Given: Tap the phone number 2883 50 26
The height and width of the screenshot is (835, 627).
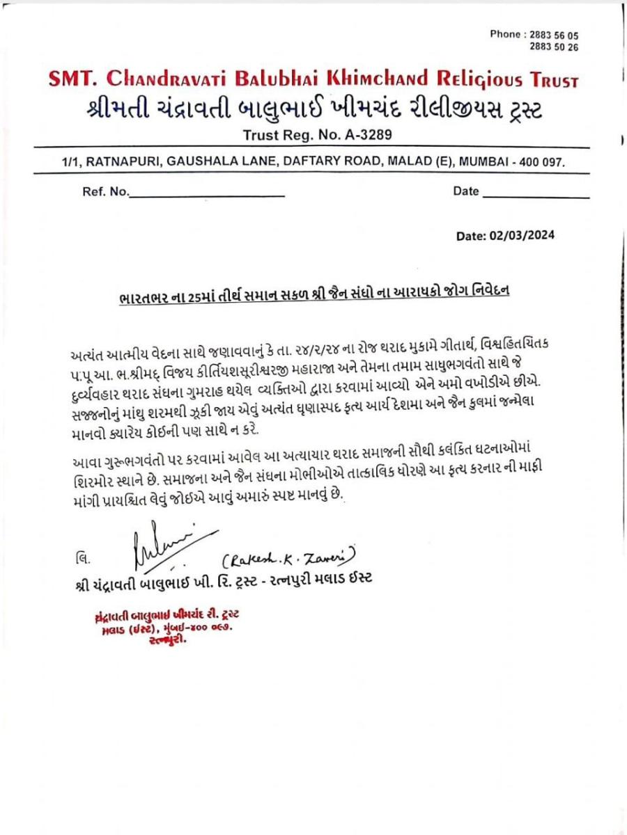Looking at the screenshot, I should click(554, 47).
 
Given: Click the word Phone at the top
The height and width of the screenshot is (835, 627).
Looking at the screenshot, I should click(505, 34).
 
